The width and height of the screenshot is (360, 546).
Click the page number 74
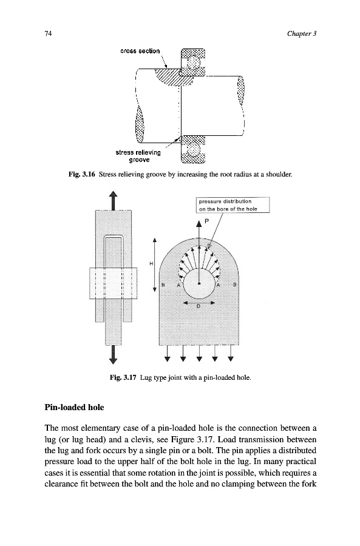pyautogui.click(x=48, y=33)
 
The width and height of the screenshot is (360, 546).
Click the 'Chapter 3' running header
pyautogui.click(x=302, y=33)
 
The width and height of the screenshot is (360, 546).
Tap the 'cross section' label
pyautogui.click(x=140, y=51)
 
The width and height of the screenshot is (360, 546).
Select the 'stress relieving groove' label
pyautogui.click(x=138, y=156)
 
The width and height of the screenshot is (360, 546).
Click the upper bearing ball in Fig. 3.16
pyautogui.click(x=192, y=62)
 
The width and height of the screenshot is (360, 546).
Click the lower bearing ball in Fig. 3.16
pyautogui.click(x=193, y=150)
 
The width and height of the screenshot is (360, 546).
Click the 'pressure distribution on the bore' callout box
pyautogui.click(x=233, y=205)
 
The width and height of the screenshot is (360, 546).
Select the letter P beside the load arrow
pyautogui.click(x=206, y=221)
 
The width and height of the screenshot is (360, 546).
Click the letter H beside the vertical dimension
pyautogui.click(x=151, y=264)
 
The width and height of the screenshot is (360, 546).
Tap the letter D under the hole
pyautogui.click(x=199, y=306)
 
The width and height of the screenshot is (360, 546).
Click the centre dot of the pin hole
pyautogui.click(x=199, y=283)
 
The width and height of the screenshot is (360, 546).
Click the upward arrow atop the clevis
pyautogui.click(x=113, y=201)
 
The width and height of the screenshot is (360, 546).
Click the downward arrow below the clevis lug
pyautogui.click(x=113, y=354)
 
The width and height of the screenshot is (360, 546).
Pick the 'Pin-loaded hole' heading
pyautogui.click(x=74, y=407)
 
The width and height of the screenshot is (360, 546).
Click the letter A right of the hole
pyautogui.click(x=219, y=285)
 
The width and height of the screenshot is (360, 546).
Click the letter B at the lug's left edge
pyautogui.click(x=163, y=285)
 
